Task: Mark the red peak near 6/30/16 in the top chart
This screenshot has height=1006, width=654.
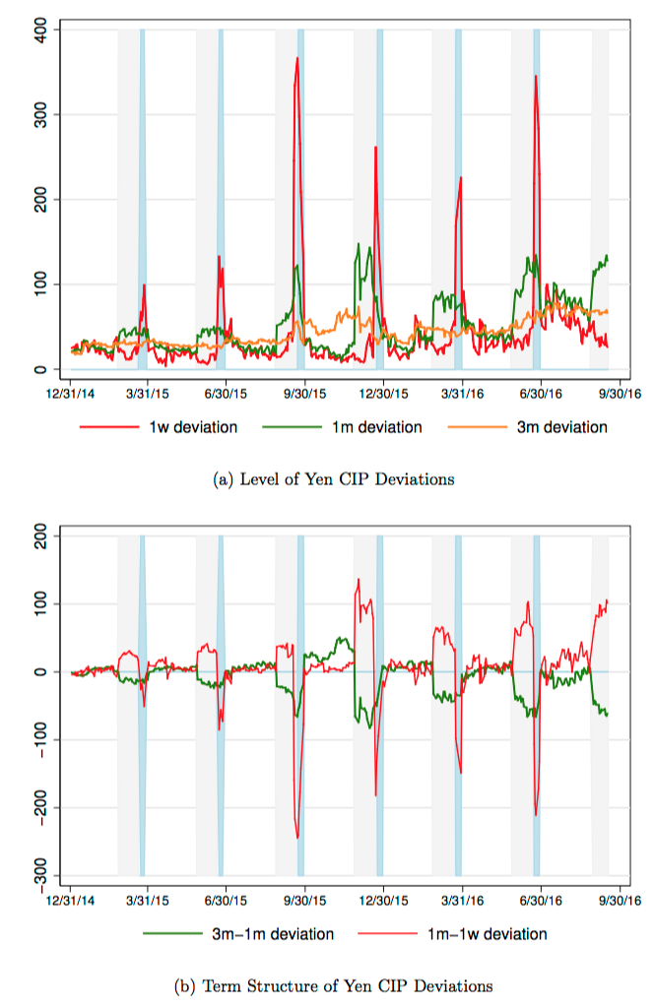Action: [x=536, y=76]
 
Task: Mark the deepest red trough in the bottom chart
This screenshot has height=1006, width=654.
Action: [x=297, y=838]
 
